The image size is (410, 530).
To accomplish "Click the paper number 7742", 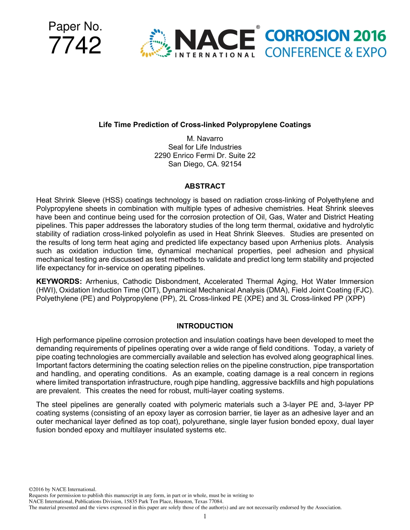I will (75, 46).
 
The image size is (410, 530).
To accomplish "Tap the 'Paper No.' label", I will (75, 27).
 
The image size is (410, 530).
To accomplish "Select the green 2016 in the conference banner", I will (369, 36).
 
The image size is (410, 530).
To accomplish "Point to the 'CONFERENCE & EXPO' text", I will (325, 53).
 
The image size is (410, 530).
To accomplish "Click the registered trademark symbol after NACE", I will (258, 28).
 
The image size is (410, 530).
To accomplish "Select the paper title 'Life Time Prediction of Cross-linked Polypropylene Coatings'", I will (205, 125).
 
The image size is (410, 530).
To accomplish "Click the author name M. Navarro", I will (205, 139).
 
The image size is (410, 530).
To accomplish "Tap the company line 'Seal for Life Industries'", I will (205, 147).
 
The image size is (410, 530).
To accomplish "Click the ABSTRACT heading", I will (205, 186).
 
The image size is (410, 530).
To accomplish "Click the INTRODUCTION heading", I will (205, 326).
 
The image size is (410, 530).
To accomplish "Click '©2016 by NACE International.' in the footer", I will (62, 489).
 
